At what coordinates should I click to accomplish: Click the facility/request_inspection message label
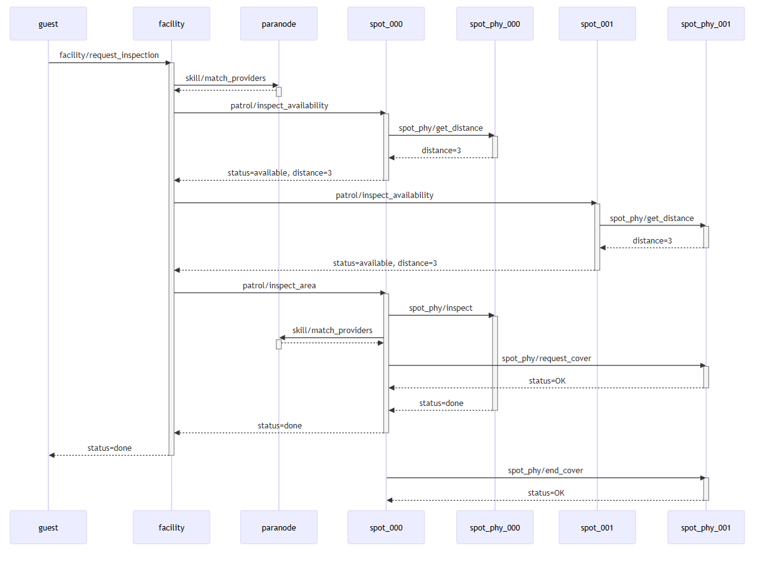click(x=109, y=55)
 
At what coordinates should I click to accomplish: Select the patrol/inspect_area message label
click(x=280, y=286)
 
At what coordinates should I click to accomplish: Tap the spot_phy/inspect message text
click(x=441, y=308)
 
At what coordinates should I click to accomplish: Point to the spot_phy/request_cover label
click(x=547, y=359)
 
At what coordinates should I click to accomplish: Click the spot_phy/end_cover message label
click(x=545, y=471)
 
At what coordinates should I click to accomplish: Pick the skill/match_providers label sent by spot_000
click(x=332, y=331)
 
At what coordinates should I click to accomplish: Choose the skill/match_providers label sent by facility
click(x=225, y=78)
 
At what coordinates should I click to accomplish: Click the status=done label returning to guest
click(x=110, y=448)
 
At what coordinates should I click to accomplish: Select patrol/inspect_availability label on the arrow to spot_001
click(x=385, y=196)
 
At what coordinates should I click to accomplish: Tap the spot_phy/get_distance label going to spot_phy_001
click(x=652, y=219)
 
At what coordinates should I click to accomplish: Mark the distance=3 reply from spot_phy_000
click(x=441, y=151)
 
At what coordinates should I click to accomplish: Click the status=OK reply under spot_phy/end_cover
click(x=546, y=493)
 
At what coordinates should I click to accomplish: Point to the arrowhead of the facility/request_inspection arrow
click(x=167, y=63)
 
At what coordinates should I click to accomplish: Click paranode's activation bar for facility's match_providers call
click(x=279, y=92)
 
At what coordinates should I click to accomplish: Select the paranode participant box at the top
click(x=279, y=24)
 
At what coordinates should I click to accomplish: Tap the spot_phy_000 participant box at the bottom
click(x=495, y=527)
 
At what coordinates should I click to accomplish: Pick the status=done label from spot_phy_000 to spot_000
click(x=441, y=403)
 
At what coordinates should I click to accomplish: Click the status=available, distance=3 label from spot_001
click(x=385, y=263)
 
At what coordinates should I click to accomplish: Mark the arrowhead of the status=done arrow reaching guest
click(x=52, y=455)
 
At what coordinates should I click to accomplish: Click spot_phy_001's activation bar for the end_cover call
click(x=706, y=489)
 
